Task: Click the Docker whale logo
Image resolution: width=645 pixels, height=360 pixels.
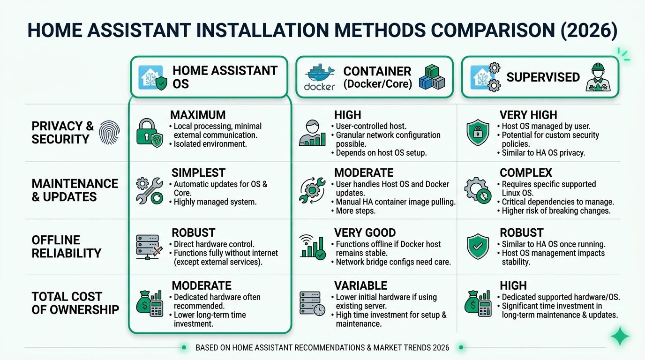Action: pyautogui.click(x=320, y=74)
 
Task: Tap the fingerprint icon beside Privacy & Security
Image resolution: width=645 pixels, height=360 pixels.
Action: pyautogui.click(x=109, y=133)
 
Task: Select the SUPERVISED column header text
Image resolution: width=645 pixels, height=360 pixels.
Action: pyautogui.click(x=543, y=77)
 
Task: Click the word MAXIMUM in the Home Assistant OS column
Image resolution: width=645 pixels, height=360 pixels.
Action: pyautogui.click(x=198, y=115)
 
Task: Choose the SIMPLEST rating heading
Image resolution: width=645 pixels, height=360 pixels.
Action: pyautogui.click(x=198, y=173)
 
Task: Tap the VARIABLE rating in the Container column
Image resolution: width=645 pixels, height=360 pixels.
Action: pyautogui.click(x=360, y=286)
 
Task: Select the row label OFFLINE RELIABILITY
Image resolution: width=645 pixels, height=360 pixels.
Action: pyautogui.click(x=66, y=247)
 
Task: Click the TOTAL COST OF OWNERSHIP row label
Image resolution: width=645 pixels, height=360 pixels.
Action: pyautogui.click(x=75, y=303)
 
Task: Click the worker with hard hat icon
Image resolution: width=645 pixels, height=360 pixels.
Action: pyautogui.click(x=599, y=77)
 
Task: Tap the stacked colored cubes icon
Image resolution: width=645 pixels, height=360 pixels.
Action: pyautogui.click(x=431, y=77)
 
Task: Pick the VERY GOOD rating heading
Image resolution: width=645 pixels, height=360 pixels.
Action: pyautogui.click(x=365, y=233)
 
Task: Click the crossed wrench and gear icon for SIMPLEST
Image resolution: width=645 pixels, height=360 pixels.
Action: pyautogui.click(x=149, y=190)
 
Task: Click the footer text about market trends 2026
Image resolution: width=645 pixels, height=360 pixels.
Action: pyautogui.click(x=322, y=348)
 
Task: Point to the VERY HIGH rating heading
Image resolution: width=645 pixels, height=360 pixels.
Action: pyautogui.click(x=528, y=115)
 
